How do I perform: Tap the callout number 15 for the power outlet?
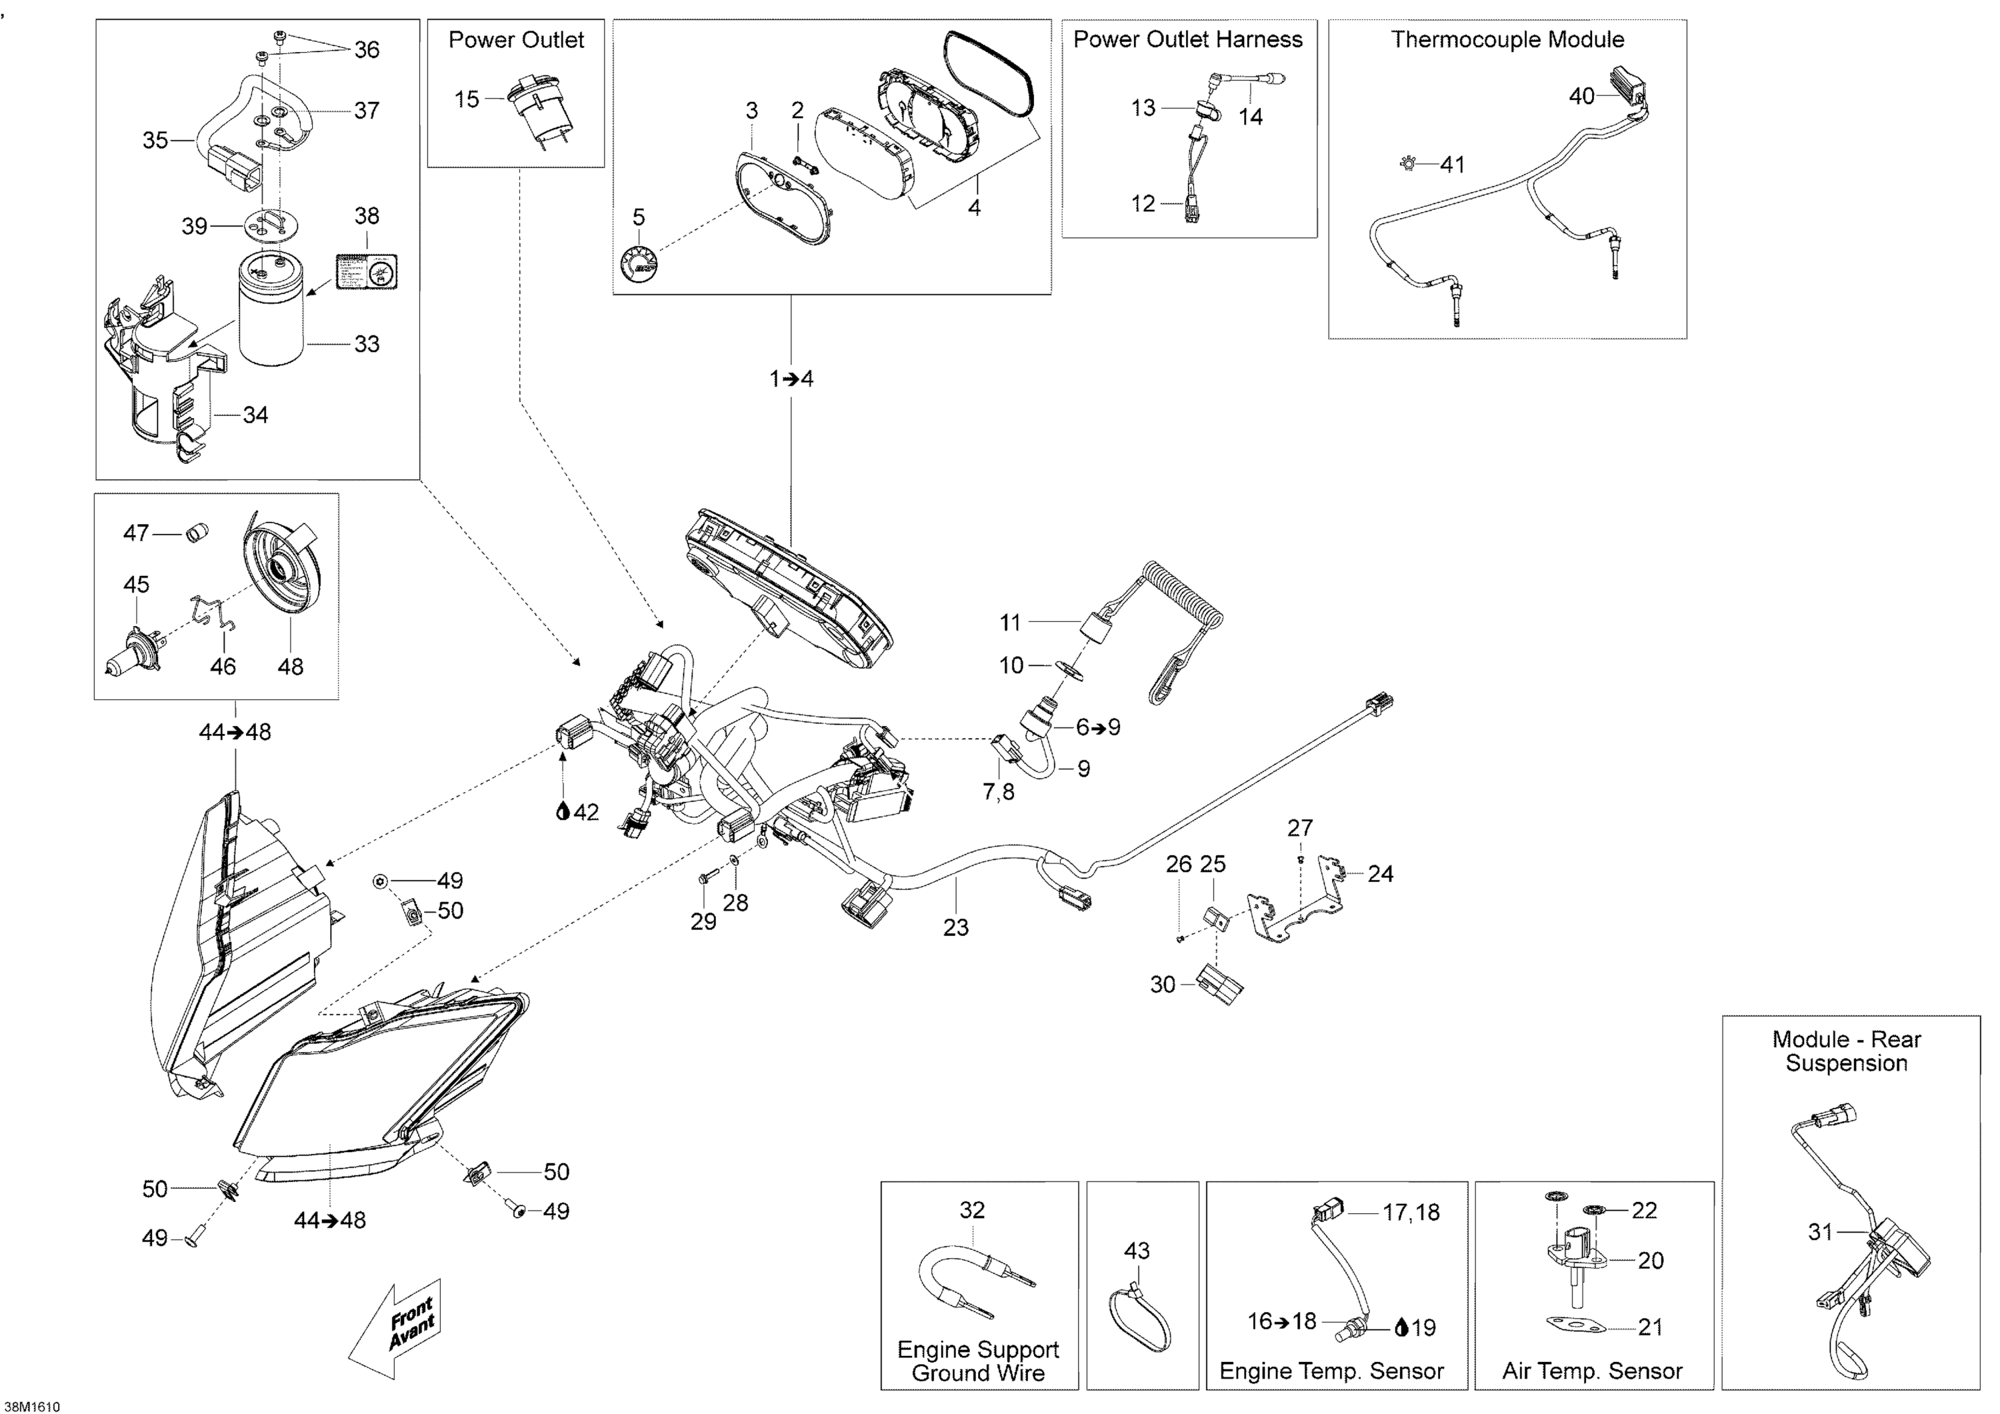467,99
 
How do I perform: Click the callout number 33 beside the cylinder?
367,344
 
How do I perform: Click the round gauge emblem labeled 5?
639,264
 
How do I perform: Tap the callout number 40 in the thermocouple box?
1581,96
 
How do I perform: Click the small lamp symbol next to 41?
1407,163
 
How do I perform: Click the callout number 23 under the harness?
955,928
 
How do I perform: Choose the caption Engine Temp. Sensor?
1331,1371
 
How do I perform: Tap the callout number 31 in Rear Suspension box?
1821,1232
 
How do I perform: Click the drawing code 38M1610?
31,1406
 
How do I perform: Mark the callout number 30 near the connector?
1163,985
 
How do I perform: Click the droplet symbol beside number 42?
563,812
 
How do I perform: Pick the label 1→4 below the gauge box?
791,379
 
